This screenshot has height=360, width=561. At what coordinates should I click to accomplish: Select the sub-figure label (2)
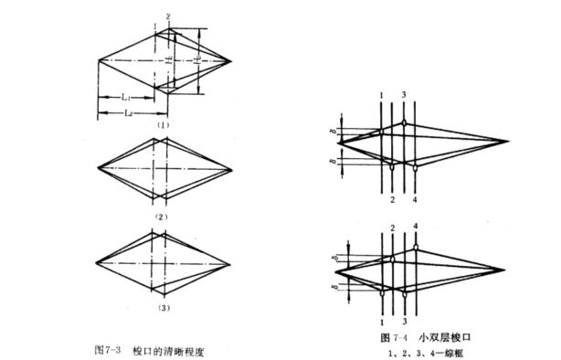[x=162, y=216]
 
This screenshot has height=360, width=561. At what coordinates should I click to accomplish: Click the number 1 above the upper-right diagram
[x=382, y=96]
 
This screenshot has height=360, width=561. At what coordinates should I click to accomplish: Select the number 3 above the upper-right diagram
[x=404, y=96]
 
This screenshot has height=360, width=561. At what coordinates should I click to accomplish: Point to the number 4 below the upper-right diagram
[x=415, y=199]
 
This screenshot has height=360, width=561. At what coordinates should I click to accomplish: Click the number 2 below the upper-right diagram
[x=393, y=199]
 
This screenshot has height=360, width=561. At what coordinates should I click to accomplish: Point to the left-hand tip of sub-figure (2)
[x=98, y=168]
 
